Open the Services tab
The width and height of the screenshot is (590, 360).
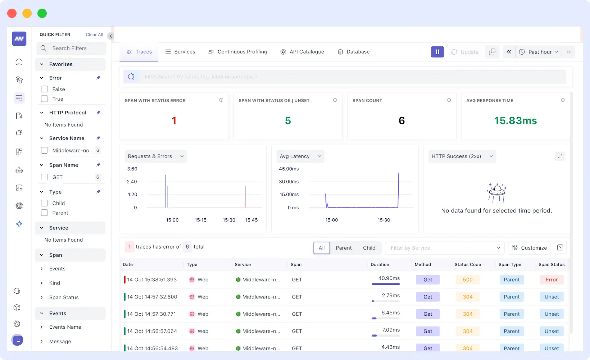point(180,52)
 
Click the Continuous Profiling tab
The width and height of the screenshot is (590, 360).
point(238,52)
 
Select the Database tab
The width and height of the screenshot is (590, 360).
point(354,52)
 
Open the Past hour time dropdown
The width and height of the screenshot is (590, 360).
point(539,52)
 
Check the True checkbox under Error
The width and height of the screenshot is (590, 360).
point(45,99)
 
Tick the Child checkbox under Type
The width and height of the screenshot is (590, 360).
point(45,203)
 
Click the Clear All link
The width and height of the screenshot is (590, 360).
point(94,35)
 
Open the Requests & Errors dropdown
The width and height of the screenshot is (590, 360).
point(155,156)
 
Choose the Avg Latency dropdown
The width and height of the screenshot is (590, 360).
point(300,156)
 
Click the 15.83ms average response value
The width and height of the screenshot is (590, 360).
point(515,120)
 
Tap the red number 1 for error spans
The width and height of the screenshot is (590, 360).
point(174,120)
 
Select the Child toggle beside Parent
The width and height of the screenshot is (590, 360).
point(369,248)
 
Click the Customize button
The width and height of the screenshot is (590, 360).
point(529,248)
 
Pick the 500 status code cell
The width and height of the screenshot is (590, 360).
point(468,280)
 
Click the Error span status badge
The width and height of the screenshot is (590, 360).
point(552,280)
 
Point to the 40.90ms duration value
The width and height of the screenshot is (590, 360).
point(389,278)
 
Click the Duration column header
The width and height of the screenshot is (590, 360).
point(380,264)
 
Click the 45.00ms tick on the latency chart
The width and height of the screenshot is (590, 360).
point(289,169)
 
